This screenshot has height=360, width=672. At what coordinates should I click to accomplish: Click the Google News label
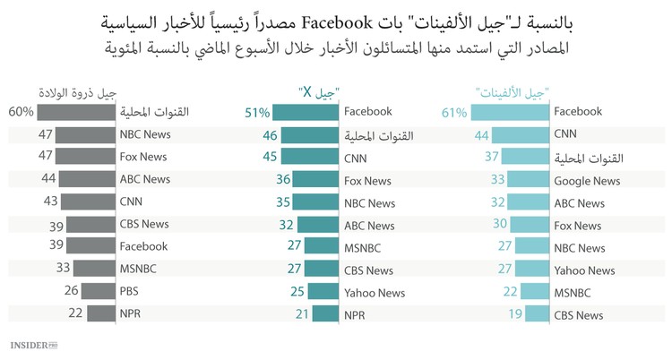[x=587, y=181]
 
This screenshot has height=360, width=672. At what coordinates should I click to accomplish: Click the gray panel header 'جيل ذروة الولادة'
[x=78, y=90]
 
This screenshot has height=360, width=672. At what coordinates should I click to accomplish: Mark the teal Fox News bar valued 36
[x=318, y=180]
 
